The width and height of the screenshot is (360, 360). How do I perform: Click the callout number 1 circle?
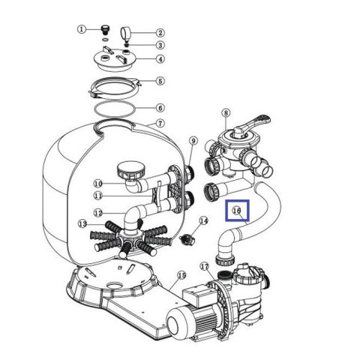81,29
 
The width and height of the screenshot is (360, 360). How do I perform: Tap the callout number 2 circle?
160,33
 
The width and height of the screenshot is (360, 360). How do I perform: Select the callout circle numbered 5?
160,81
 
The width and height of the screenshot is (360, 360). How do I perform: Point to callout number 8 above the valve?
226,113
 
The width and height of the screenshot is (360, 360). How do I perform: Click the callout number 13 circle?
82,223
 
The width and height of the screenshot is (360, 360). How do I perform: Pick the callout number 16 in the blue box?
236,211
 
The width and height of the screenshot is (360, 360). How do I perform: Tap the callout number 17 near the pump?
205,267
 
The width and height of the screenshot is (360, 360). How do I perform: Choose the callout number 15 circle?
181,275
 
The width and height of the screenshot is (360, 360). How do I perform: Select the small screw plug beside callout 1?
105,29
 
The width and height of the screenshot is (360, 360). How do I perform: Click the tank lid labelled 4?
115,59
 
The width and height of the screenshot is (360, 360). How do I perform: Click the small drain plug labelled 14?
187,239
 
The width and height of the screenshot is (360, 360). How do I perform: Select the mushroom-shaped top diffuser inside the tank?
131,170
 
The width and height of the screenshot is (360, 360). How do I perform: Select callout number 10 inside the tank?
98,184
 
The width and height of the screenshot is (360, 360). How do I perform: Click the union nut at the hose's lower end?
225,260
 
